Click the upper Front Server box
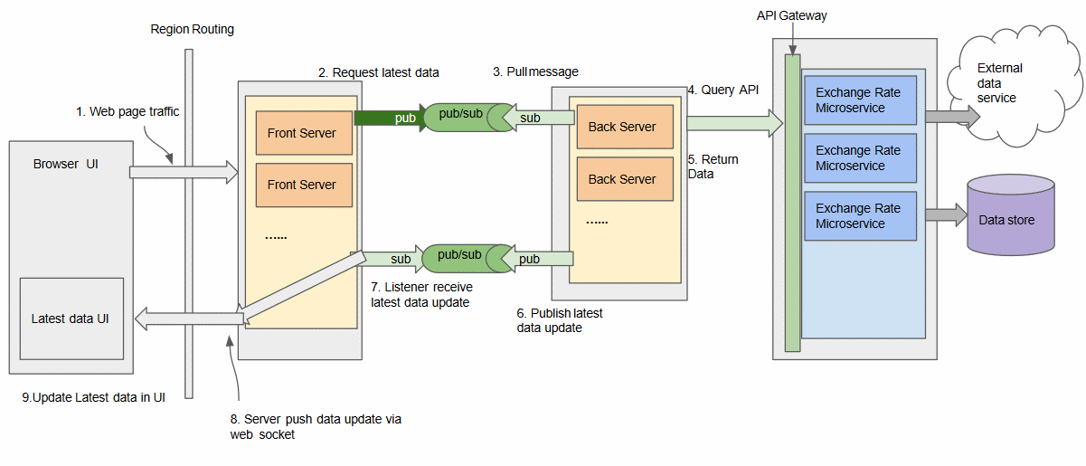304,133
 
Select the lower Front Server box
304,185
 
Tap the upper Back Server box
625,127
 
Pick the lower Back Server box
625,179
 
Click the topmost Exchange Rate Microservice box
860,100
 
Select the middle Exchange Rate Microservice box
860,158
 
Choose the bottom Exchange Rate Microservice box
860,215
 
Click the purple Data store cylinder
1011,214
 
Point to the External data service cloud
1015,86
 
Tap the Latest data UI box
71,319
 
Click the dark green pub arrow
391,118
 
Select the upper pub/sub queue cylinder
469,117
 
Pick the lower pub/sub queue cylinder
467,259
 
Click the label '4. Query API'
723,90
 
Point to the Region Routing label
192,29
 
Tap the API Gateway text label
792,15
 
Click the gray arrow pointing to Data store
947,214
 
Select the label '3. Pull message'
535,71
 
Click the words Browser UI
65,164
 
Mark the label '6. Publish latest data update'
560,320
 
